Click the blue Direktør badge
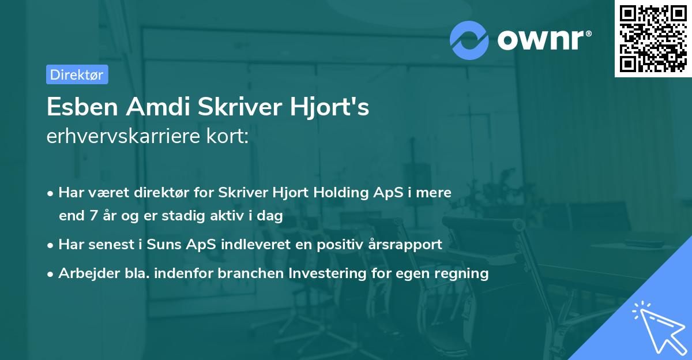(77, 74)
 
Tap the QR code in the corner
(653, 38)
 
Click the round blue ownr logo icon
(469, 39)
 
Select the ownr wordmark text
(543, 39)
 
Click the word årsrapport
(407, 244)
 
